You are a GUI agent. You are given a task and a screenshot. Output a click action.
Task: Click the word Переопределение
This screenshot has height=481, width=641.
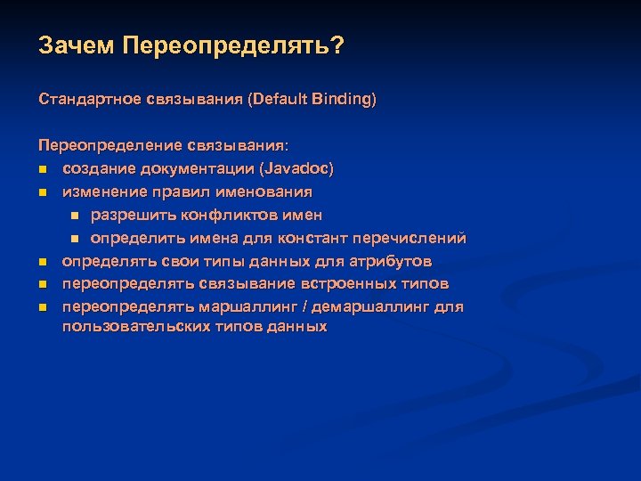tap(109, 144)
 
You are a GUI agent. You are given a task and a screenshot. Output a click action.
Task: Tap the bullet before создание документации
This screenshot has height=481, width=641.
tap(42, 168)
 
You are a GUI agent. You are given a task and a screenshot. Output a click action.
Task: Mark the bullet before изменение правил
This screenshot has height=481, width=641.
tap(42, 192)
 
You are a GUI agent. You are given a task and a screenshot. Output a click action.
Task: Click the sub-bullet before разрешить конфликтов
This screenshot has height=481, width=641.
tap(76, 215)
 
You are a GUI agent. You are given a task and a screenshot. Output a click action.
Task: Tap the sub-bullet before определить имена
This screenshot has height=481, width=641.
tap(76, 239)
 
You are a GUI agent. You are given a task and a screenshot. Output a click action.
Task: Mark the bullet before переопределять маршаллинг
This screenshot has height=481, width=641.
tap(42, 307)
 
